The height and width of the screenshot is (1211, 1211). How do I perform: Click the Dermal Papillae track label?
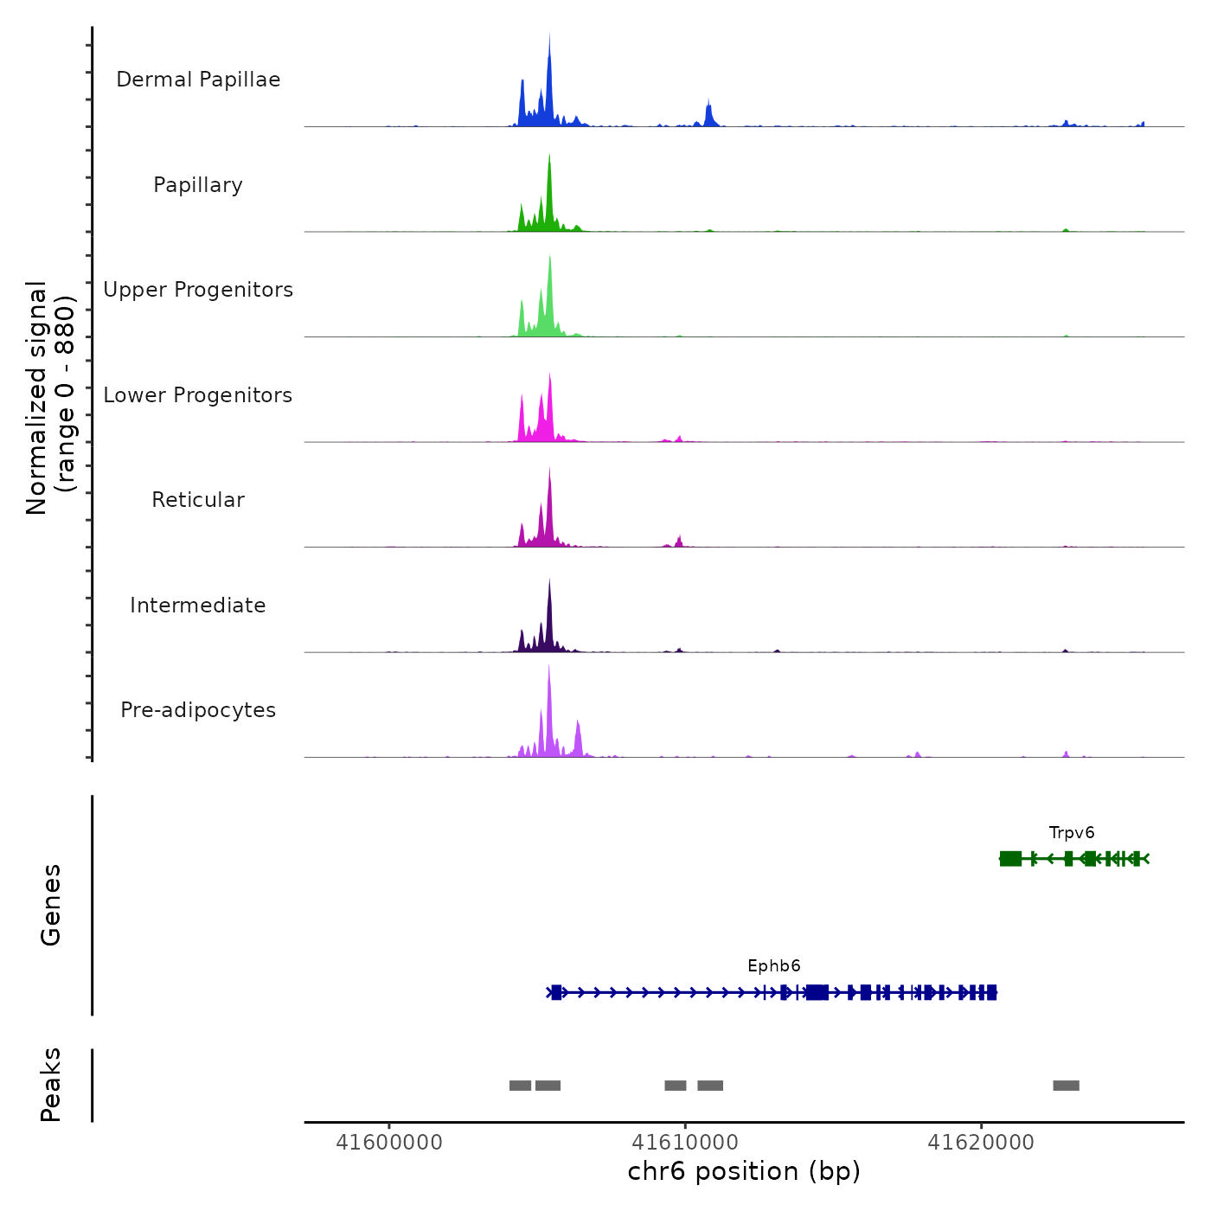198,80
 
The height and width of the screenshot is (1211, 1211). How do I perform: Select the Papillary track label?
198,185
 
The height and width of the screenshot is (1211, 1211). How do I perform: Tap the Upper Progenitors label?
198,290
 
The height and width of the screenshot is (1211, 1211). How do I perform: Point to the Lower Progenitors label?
198,395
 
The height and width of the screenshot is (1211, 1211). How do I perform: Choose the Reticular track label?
198,500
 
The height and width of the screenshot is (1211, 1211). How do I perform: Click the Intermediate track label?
198,605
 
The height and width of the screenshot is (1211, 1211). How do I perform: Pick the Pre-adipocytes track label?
198,710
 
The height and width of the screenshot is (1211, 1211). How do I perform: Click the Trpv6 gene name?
1072,833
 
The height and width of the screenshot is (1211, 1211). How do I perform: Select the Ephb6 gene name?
774,966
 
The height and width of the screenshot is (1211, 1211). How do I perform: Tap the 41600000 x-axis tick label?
388,1143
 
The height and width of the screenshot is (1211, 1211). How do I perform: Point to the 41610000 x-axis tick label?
685,1143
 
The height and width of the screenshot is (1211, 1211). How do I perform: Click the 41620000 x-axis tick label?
981,1143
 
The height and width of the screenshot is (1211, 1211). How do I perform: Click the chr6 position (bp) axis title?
744,1171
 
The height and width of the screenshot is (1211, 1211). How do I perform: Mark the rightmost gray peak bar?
1066,1086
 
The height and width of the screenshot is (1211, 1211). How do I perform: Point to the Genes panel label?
51,905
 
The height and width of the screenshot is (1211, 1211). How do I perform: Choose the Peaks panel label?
51,1085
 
